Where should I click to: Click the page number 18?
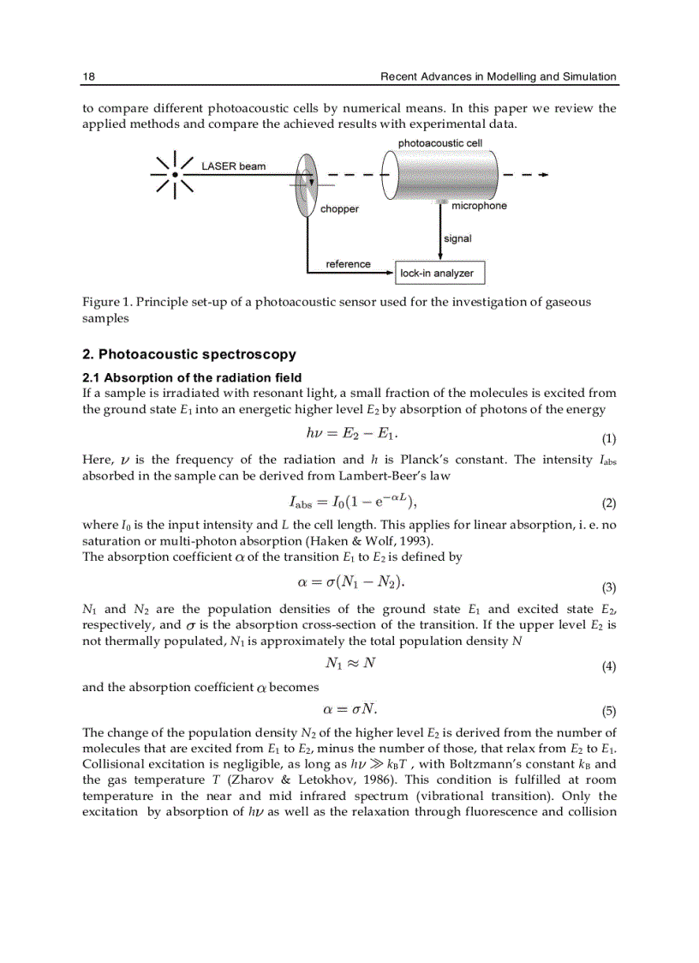[88, 76]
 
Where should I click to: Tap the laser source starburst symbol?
[175, 174]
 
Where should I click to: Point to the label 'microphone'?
[479, 206]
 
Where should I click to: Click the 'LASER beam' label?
[234, 166]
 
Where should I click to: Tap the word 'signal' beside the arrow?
[457, 238]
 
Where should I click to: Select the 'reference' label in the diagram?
[348, 264]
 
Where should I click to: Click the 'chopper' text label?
[339, 209]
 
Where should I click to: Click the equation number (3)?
[609, 588]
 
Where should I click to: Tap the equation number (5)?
[609, 711]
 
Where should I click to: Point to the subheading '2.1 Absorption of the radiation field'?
[192, 377]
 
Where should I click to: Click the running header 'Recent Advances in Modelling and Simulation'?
[498, 76]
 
